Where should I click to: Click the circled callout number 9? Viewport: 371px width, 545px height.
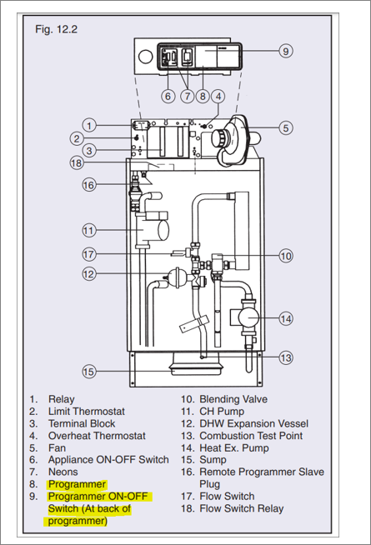tap(286, 51)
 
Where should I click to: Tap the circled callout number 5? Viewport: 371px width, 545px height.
tap(286, 127)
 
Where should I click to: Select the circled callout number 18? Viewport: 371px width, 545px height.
tap(77, 162)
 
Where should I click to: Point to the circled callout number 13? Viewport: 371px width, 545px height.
tap(286, 357)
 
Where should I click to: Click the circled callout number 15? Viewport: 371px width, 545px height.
tap(88, 372)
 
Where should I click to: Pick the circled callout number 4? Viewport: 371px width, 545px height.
tap(218, 97)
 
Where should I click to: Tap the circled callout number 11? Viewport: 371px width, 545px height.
tap(88, 231)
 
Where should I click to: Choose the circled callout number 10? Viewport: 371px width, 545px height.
tap(286, 256)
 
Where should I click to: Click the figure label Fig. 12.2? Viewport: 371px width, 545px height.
tap(57, 29)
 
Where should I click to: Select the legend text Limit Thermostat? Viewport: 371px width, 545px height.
tap(86, 412)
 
